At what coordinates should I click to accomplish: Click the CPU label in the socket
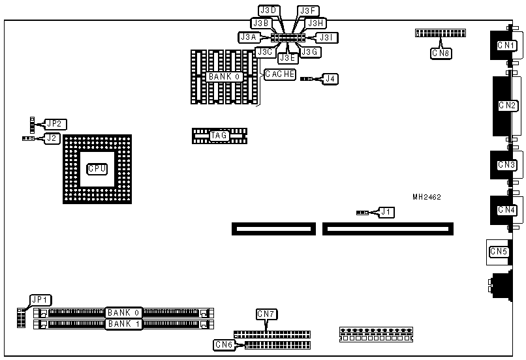pyautogui.click(x=97, y=168)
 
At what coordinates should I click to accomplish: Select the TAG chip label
pyautogui.click(x=219, y=136)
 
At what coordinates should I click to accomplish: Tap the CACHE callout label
pyautogui.click(x=279, y=74)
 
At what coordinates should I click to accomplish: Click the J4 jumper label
pyautogui.click(x=332, y=79)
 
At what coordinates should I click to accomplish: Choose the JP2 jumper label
pyautogui.click(x=55, y=123)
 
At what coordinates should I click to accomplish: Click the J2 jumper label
pyautogui.click(x=52, y=138)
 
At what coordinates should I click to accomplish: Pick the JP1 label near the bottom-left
pyautogui.click(x=40, y=300)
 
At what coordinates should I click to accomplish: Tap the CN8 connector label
pyautogui.click(x=441, y=53)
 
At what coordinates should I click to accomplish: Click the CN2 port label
pyautogui.click(x=507, y=105)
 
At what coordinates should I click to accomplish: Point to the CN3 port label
pyautogui.click(x=506, y=165)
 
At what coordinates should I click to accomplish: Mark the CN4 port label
pyautogui.click(x=506, y=210)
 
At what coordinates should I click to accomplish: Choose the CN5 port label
pyautogui.click(x=499, y=251)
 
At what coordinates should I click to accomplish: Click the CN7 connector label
pyautogui.click(x=266, y=314)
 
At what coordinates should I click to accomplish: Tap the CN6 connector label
pyautogui.click(x=224, y=344)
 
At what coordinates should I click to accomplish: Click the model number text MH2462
pyautogui.click(x=427, y=196)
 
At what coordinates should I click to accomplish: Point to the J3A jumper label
pyautogui.click(x=249, y=38)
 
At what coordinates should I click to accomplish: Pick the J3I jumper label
pyautogui.click(x=326, y=38)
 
